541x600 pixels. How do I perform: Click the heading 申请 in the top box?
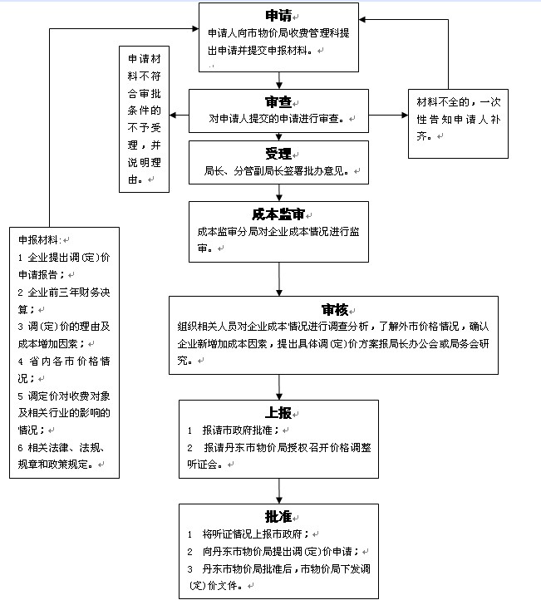278,16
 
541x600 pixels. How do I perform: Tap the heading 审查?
278,101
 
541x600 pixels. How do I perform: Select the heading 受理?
278,154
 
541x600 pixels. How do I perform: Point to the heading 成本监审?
278,214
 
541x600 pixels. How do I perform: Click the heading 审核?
335,310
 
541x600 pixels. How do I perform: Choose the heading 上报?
278,413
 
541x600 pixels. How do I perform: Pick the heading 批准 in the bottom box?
278,517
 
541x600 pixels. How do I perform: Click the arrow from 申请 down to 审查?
279,81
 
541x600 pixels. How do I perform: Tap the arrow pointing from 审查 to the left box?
179,115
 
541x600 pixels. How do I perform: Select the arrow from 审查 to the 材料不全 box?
388,115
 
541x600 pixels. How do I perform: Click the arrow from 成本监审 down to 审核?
279,279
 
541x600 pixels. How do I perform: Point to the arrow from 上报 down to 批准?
279,491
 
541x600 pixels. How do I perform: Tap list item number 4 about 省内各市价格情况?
64,370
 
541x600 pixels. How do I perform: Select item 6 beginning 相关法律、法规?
61,455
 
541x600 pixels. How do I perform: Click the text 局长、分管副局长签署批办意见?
276,170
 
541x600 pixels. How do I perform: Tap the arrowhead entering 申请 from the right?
362,19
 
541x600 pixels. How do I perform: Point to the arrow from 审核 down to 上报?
279,387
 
